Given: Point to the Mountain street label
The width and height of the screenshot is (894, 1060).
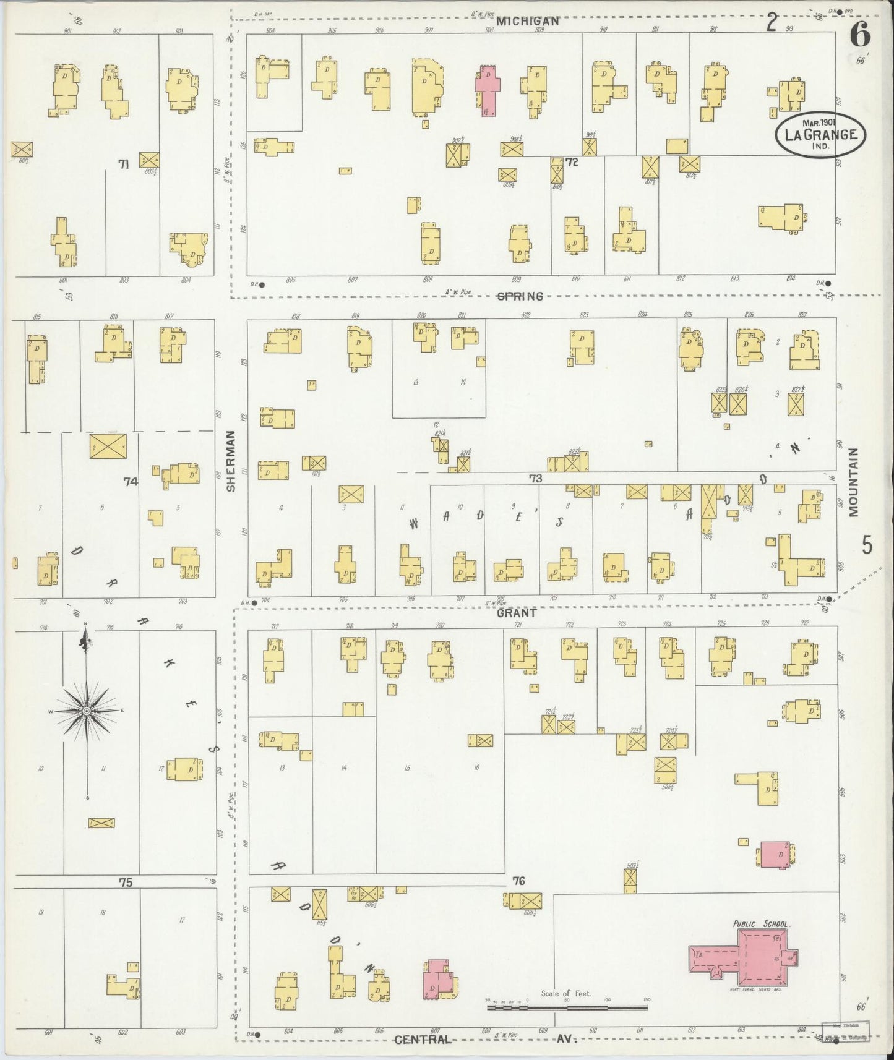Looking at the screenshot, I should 854,482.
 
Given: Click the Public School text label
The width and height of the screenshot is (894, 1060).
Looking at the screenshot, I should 760,923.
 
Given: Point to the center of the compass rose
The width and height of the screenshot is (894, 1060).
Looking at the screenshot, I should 87,711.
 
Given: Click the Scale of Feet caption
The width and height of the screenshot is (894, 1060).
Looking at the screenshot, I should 565,993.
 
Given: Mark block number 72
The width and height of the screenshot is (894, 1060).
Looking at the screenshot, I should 570,162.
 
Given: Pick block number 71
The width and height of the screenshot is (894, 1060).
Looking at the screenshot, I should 124,163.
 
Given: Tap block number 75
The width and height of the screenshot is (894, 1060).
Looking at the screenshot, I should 126,883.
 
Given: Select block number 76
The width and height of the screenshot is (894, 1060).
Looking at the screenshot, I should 518,881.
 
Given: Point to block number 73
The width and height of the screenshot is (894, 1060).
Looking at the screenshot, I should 535,478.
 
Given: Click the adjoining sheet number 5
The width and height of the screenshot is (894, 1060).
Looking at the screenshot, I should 867,545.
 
